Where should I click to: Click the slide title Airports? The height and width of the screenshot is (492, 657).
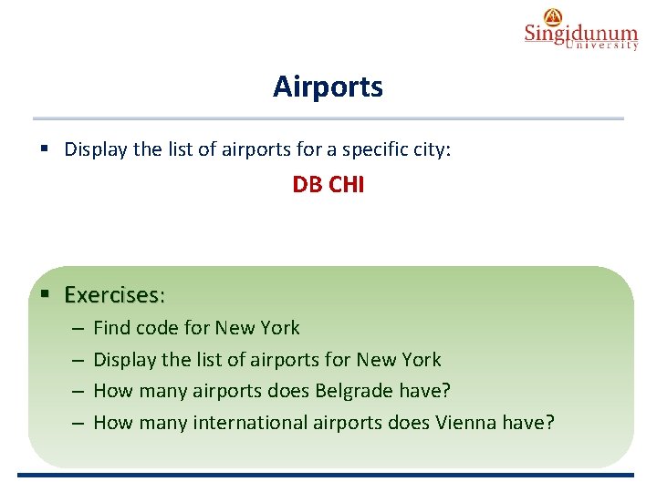point(328,87)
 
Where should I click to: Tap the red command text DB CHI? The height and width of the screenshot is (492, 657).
point(328,185)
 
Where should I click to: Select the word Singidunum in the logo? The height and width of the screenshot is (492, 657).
point(581,34)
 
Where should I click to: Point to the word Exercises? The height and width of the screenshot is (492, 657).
point(112,295)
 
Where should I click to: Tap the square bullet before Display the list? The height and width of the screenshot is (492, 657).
point(45,149)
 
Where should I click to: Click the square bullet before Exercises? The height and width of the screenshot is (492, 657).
point(45,294)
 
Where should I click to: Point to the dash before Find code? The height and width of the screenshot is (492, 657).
point(77,328)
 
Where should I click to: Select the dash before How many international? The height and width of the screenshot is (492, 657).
point(77,423)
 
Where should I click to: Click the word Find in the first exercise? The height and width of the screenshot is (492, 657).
point(111,328)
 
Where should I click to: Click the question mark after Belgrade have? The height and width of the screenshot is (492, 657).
point(446,391)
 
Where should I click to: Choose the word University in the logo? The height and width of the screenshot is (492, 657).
point(602,46)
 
